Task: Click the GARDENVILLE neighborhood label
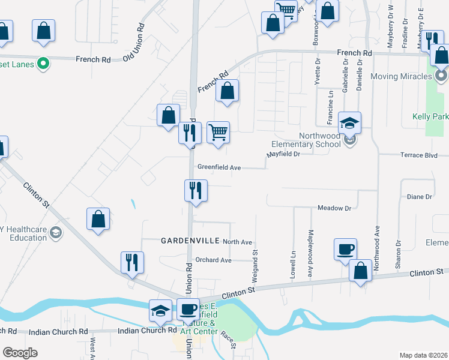click(189, 241)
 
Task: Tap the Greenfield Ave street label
click(219, 167)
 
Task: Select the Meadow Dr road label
click(334, 208)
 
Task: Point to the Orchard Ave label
click(213, 260)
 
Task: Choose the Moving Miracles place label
click(401, 76)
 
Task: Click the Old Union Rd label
click(134, 42)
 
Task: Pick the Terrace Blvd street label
click(419, 155)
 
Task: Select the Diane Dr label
click(419, 197)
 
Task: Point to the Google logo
click(20, 353)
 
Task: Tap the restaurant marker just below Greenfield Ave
click(196, 191)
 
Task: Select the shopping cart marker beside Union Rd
click(218, 133)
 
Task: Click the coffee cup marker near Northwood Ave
click(346, 248)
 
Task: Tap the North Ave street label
click(238, 242)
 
